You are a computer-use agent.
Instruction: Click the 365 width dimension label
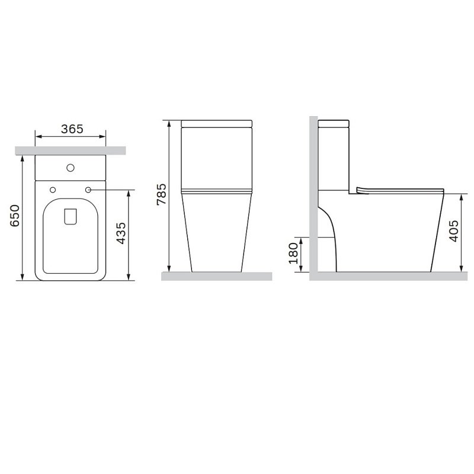tap(72, 129)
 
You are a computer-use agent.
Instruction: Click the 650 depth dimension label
tap(15, 216)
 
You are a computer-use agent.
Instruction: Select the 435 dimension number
tap(121, 233)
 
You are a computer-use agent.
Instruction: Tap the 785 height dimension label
tap(161, 194)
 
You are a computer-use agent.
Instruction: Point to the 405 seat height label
tap(454, 231)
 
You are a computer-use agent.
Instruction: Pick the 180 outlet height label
tap(293, 253)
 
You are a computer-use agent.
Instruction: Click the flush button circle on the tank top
tap(71, 168)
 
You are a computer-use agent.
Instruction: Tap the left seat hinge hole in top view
tap(53, 190)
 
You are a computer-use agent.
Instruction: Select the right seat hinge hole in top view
tap(88, 190)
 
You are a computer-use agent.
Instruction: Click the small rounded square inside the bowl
tap(71, 216)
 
